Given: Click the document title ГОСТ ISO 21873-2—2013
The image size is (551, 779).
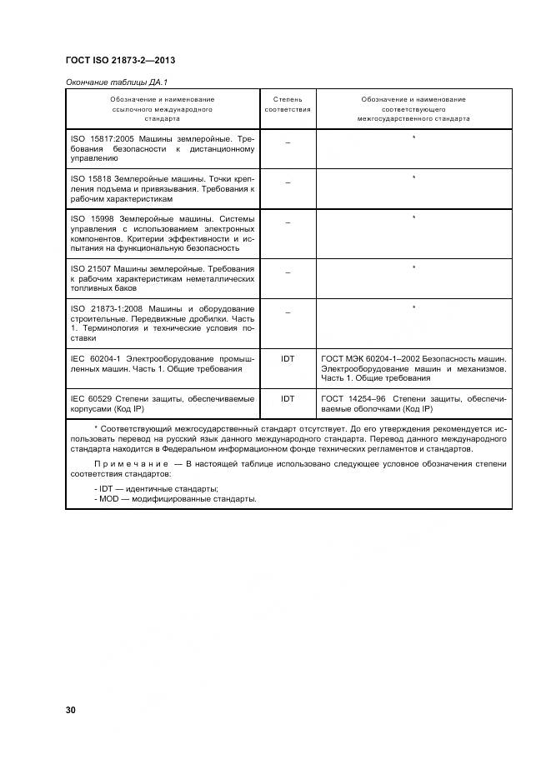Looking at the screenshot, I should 119,61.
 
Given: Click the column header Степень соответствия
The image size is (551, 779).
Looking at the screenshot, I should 288,104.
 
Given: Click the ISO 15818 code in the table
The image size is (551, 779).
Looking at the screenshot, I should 88,178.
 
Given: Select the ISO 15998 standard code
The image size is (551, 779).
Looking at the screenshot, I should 88,218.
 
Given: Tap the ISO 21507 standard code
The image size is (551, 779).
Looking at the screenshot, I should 88,269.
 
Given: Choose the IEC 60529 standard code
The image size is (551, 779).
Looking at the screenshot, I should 91,399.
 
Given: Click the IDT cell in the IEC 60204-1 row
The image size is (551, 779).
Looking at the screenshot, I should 288,359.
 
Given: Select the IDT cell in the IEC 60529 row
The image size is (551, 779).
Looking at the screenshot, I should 288,399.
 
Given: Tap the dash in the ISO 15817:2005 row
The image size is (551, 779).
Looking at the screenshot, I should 288,142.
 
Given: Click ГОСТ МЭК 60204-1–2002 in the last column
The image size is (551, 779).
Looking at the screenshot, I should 368,359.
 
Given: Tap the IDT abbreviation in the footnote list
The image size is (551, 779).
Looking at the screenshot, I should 105,487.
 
